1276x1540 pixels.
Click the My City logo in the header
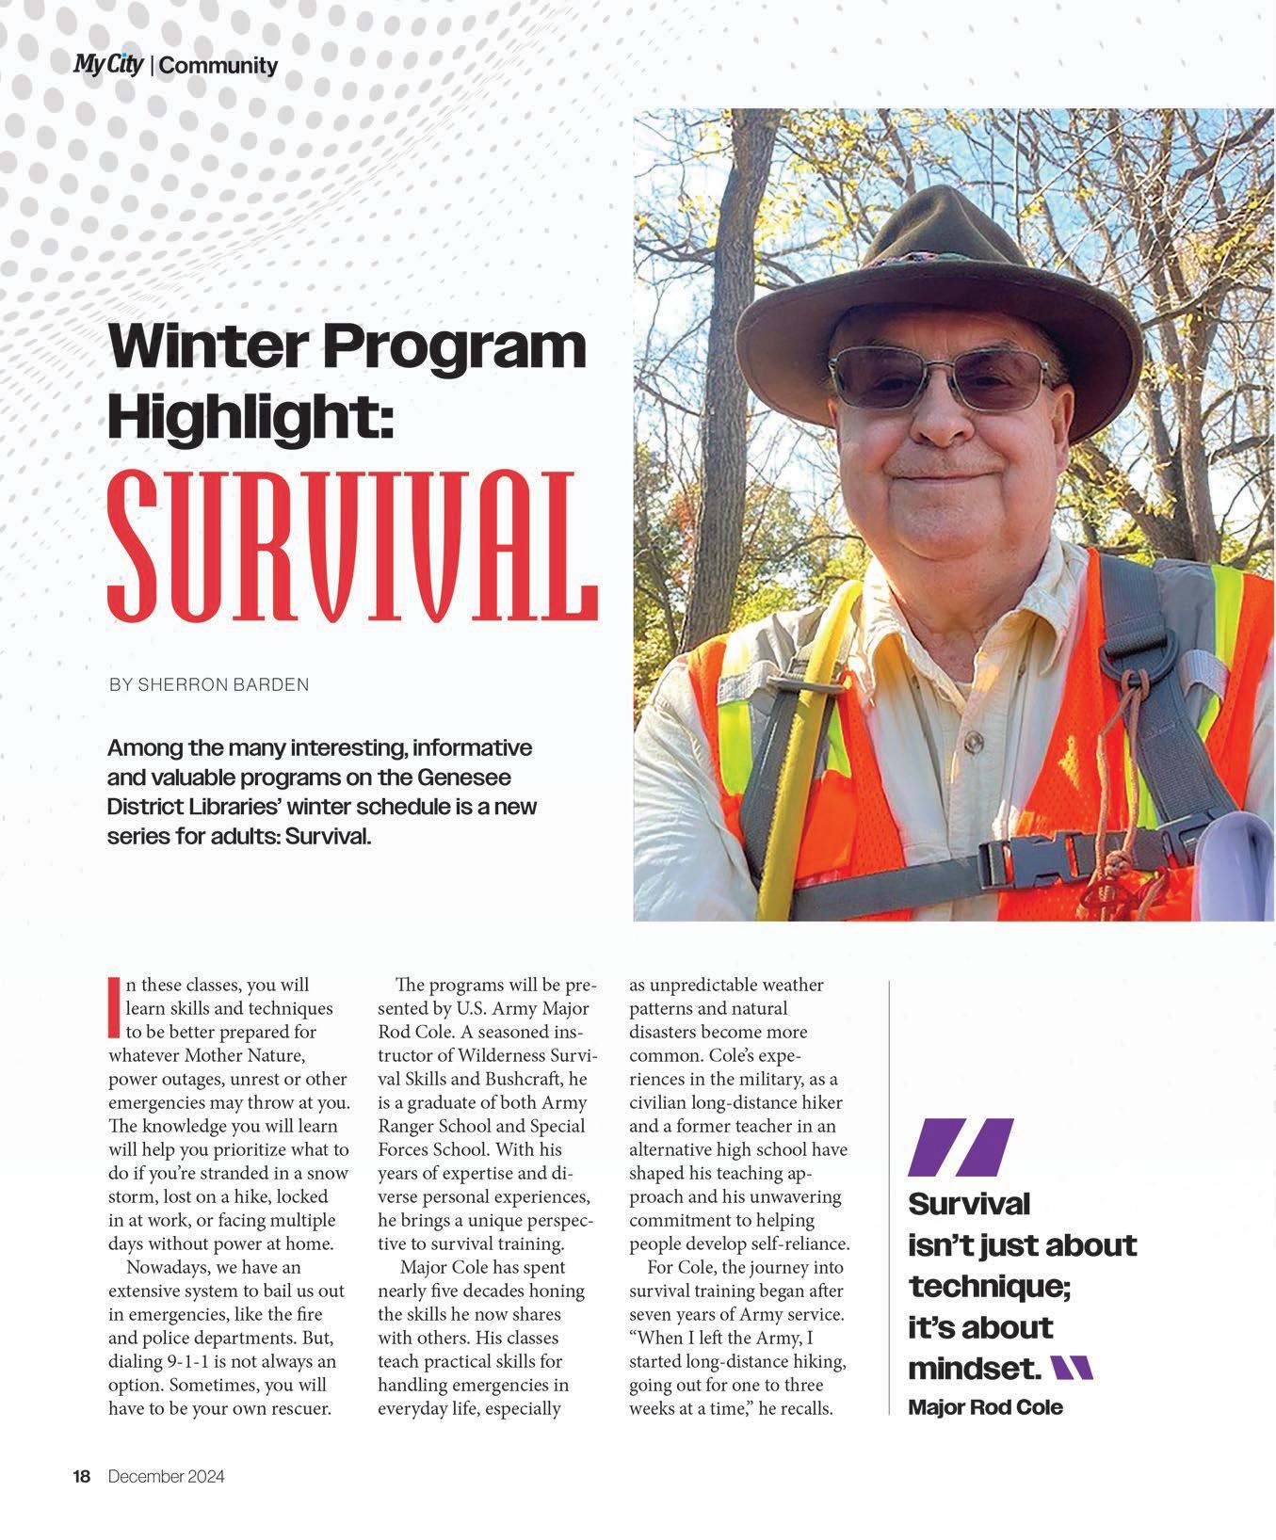click(x=108, y=64)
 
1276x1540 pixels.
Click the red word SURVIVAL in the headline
click(x=352, y=546)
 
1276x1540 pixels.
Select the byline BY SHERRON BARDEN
click(x=208, y=684)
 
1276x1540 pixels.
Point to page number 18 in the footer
click(x=82, y=1477)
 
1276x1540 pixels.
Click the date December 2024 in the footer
click(x=166, y=1477)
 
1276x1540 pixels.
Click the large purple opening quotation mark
click(x=961, y=1147)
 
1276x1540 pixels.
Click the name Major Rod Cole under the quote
click(x=985, y=1407)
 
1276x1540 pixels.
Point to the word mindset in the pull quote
click(x=974, y=1367)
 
